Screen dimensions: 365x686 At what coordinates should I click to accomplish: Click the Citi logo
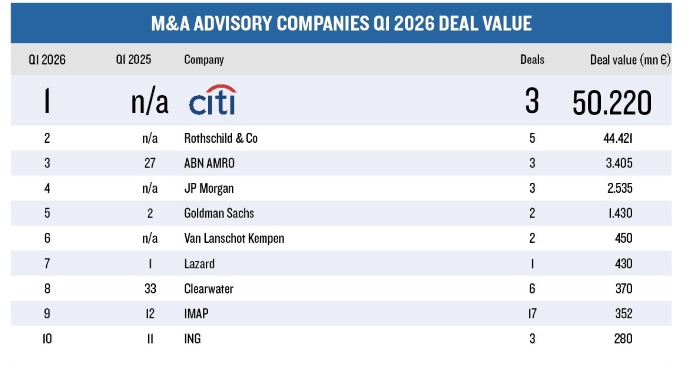tap(212, 100)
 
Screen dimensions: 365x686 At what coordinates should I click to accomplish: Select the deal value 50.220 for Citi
tap(612, 102)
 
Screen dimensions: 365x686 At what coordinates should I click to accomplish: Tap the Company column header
tap(204, 60)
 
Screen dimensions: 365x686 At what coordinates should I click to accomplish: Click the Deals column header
tap(532, 60)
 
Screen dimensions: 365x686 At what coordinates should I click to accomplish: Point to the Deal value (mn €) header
tap(630, 60)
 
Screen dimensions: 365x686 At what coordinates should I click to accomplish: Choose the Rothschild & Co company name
tap(221, 138)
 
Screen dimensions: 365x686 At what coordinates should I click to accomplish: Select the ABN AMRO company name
tap(209, 163)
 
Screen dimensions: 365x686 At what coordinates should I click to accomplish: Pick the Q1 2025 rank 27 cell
tap(150, 163)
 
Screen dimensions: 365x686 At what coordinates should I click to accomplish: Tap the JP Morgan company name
tap(209, 188)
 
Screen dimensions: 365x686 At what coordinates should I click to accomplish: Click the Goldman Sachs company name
tap(219, 213)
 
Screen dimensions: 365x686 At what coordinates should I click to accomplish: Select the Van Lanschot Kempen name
tap(234, 238)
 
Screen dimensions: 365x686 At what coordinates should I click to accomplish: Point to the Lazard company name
tap(199, 264)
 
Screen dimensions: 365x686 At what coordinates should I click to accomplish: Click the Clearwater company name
tap(209, 289)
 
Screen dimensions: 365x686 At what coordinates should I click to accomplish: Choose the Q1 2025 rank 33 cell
tap(150, 289)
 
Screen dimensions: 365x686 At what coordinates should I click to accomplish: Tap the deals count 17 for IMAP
tap(532, 314)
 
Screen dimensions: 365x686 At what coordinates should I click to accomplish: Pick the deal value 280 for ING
tap(624, 339)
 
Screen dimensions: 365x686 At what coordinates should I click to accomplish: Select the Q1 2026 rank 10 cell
tap(47, 339)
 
